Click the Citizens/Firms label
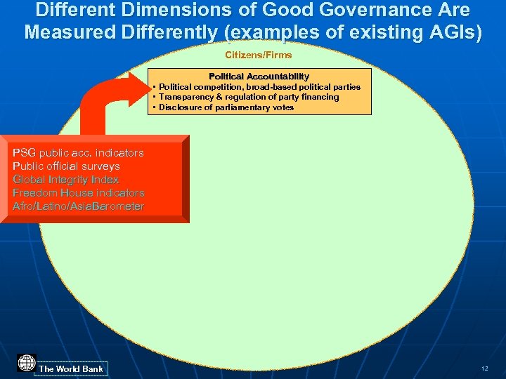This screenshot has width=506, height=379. click(258, 55)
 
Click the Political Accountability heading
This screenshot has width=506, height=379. click(259, 76)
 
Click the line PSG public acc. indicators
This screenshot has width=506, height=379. click(78, 153)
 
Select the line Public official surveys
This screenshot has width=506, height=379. click(66, 166)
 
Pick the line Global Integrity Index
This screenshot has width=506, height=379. click(66, 180)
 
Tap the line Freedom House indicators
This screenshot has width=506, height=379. click(79, 193)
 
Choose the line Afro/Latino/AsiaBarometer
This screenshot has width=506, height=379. click(78, 206)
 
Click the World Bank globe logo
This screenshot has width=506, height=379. click(27, 364)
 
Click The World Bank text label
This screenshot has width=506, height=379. click(71, 368)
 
